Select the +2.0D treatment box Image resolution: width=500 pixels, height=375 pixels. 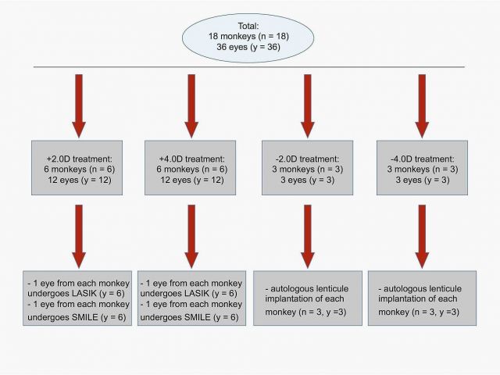click(x=78, y=168)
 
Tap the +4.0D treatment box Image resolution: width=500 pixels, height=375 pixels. click(x=191, y=168)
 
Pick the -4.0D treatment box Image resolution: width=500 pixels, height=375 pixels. click(x=421, y=168)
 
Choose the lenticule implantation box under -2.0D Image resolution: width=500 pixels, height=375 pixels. click(x=307, y=298)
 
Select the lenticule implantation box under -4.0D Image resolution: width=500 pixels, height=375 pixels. click(x=421, y=298)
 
